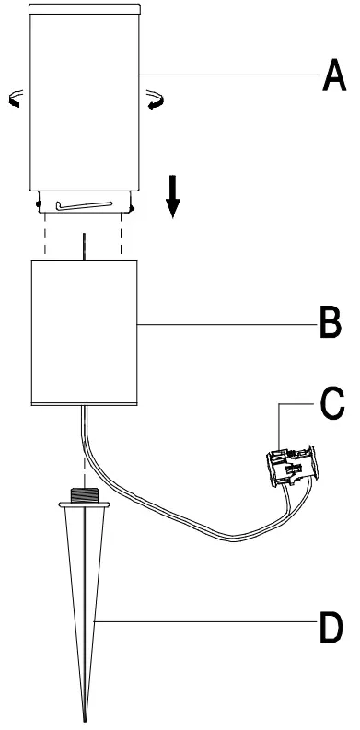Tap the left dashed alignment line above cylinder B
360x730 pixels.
(x=45, y=241)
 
